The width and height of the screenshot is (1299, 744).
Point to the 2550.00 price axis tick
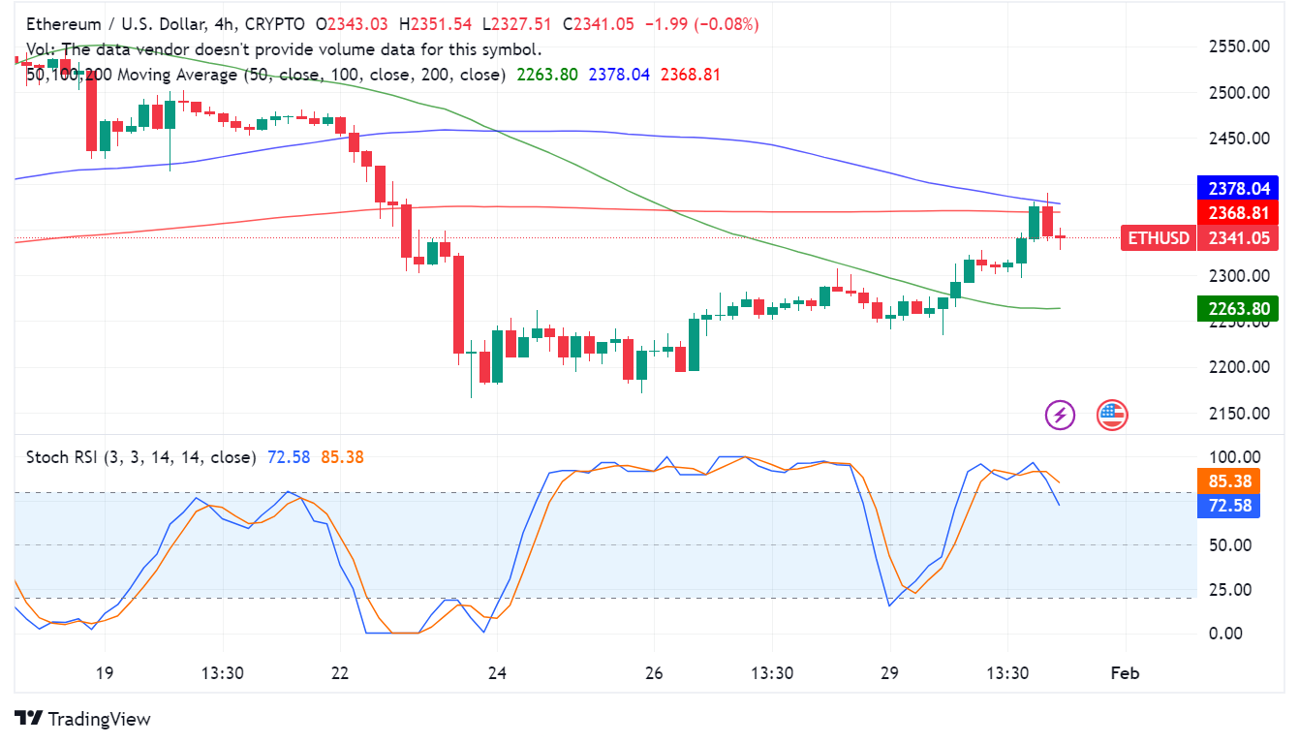click(x=1240, y=46)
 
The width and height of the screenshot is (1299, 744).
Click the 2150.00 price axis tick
click(x=1240, y=414)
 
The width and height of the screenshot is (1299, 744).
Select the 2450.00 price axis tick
click(x=1240, y=139)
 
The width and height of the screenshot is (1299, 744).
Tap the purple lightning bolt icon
click(x=1060, y=416)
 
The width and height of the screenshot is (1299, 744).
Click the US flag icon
click(x=1112, y=416)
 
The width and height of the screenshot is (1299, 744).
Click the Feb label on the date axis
click(x=1125, y=673)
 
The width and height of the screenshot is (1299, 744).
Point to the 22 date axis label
click(x=341, y=673)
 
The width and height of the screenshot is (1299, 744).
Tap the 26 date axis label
click(x=654, y=673)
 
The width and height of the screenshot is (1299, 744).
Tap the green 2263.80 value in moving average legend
click(x=547, y=75)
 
